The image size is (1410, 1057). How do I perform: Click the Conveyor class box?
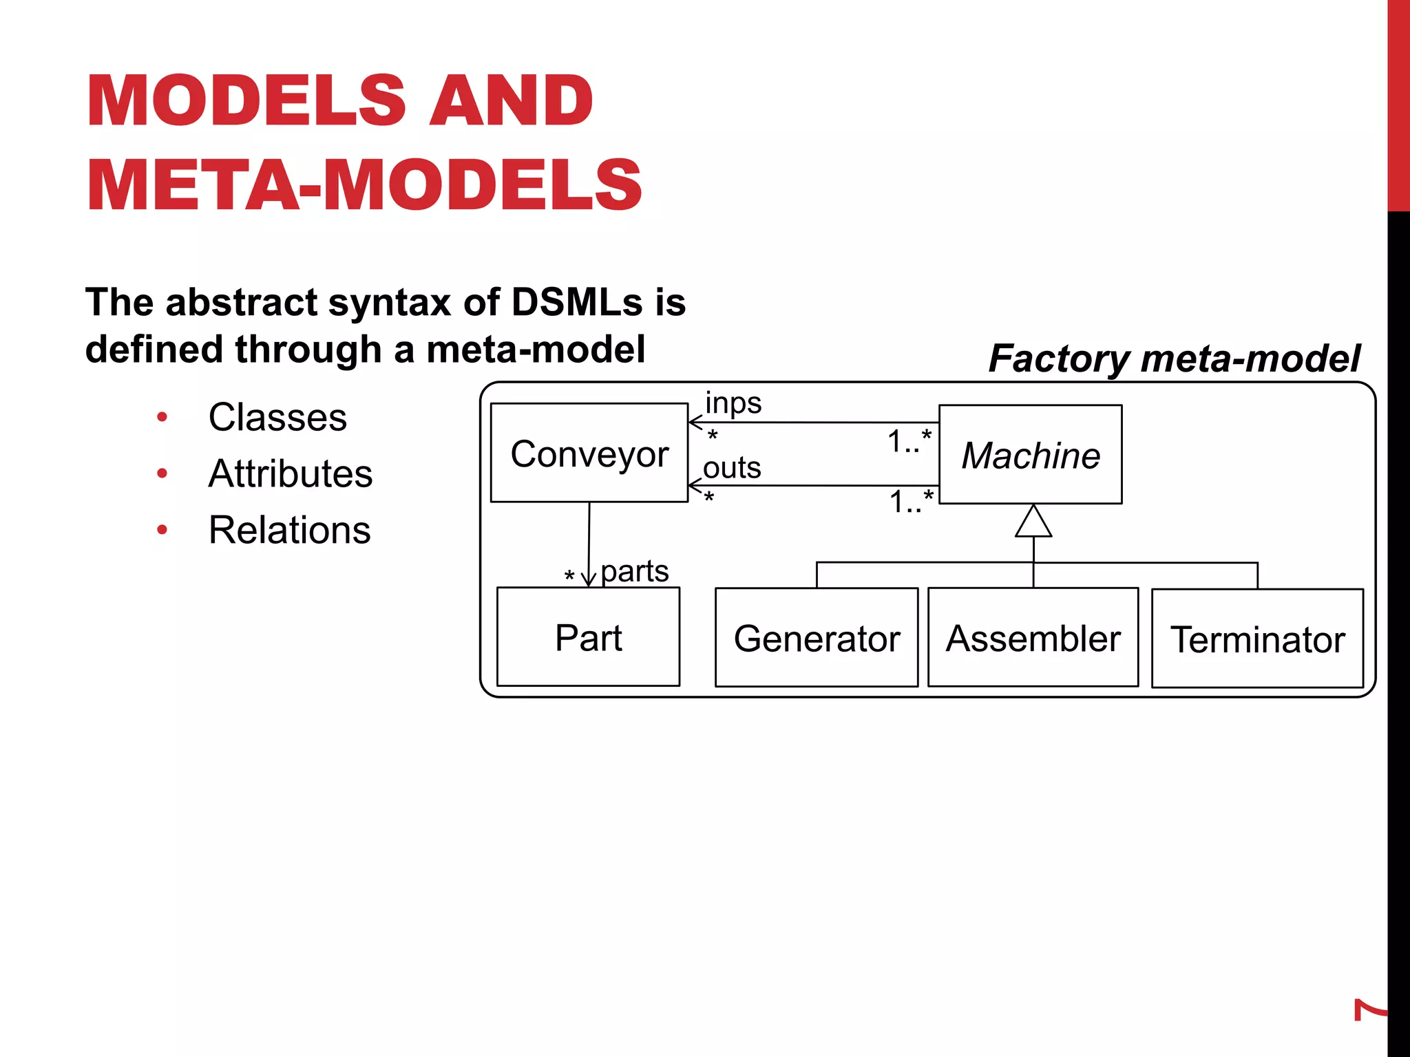pyautogui.click(x=589, y=453)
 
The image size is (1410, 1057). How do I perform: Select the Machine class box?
pyautogui.click(x=1030, y=454)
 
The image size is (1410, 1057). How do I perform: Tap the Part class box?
pyautogui.click(x=588, y=637)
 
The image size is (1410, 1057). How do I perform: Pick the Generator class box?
pyautogui.click(x=817, y=637)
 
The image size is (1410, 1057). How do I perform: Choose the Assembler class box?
pyautogui.click(x=1033, y=637)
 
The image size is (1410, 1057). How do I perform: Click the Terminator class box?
pyautogui.click(x=1257, y=639)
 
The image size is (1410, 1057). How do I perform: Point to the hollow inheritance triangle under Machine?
pyautogui.click(x=1033, y=522)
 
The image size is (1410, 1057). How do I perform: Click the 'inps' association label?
pyautogui.click(x=733, y=403)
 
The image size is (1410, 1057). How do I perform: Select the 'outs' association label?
pyautogui.click(x=732, y=468)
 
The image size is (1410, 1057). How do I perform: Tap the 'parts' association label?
pyautogui.click(x=634, y=571)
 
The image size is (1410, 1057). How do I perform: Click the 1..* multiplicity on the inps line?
pyautogui.click(x=909, y=440)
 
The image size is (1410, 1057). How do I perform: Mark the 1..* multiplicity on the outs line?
pyautogui.click(x=911, y=501)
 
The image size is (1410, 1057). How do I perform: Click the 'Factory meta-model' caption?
pyautogui.click(x=1174, y=359)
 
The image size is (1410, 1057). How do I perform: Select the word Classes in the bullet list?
pyautogui.click(x=277, y=417)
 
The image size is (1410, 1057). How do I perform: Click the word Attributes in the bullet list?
pyautogui.click(x=290, y=473)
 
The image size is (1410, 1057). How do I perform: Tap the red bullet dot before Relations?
pyautogui.click(x=162, y=530)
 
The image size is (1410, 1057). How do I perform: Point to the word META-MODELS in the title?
pyautogui.click(x=364, y=184)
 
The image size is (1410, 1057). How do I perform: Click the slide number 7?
pyautogui.click(x=1369, y=1010)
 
